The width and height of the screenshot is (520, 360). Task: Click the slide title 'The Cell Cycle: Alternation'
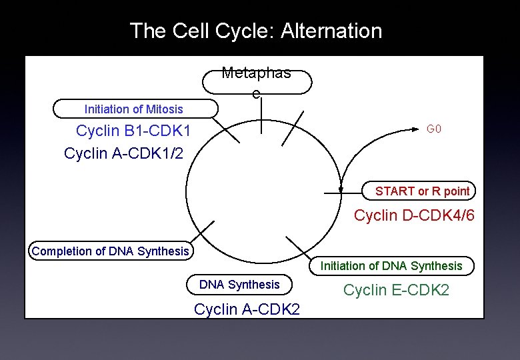click(256, 31)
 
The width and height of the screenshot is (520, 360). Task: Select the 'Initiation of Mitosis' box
click(135, 109)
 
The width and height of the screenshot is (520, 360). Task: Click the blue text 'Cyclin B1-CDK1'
click(133, 131)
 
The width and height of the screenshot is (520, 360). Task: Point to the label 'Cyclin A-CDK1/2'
click(123, 153)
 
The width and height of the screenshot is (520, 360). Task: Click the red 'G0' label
click(434, 129)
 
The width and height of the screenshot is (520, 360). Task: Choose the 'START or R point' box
click(419, 191)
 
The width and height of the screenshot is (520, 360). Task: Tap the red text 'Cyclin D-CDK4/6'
click(414, 215)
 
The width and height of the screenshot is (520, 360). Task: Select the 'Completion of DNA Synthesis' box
click(111, 251)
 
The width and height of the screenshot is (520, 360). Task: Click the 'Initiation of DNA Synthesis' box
click(391, 266)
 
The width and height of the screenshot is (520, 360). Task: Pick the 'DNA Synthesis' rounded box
click(239, 285)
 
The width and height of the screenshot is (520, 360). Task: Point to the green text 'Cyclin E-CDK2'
click(396, 290)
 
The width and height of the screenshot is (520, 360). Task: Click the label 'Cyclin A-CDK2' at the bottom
click(247, 309)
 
